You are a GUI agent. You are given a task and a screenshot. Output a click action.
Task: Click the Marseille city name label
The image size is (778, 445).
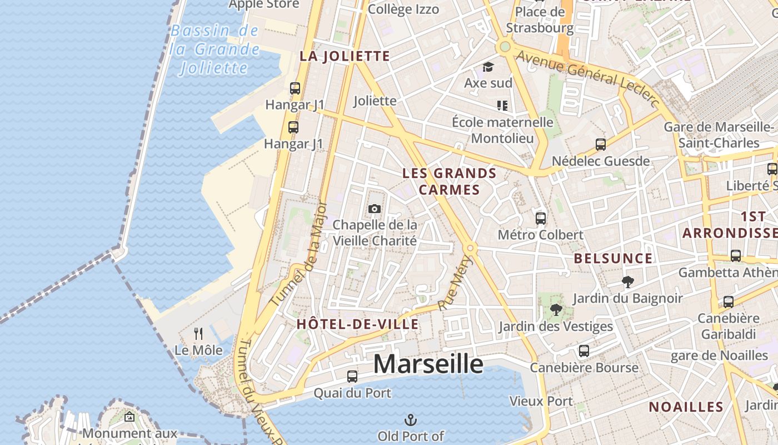click(x=428, y=364)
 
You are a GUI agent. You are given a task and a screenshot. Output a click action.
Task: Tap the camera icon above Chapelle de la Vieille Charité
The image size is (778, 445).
click(x=375, y=209)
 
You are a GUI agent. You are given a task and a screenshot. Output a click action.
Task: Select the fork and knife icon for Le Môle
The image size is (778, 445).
click(x=198, y=333)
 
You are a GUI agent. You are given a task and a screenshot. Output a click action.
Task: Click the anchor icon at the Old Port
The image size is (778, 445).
click(x=411, y=419)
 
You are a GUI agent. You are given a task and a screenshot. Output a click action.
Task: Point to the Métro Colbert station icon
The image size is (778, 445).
click(x=541, y=219)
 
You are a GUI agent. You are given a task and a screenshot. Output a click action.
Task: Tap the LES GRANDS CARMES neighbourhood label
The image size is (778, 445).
click(x=449, y=181)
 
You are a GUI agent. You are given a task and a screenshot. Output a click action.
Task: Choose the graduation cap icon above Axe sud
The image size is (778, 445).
click(x=488, y=67)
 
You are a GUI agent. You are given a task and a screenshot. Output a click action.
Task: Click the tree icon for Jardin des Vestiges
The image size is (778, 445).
click(x=555, y=310)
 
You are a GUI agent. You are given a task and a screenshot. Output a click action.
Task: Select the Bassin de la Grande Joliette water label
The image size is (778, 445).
click(x=215, y=49)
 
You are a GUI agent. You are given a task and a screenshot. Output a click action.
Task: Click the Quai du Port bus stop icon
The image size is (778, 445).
click(x=352, y=377)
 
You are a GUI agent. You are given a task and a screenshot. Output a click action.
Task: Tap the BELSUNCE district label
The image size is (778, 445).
click(x=613, y=258)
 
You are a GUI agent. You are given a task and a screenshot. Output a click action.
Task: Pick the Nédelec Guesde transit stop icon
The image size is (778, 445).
click(x=600, y=145)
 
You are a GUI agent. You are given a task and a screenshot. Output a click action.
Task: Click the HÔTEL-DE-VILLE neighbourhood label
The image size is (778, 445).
click(x=357, y=324)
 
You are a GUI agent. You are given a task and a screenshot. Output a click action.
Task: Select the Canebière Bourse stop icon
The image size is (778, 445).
click(x=583, y=351)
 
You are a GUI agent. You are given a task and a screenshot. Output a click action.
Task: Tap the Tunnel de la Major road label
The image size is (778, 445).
click(x=296, y=253)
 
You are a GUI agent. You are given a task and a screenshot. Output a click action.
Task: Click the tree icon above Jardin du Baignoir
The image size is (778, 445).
click(x=628, y=282)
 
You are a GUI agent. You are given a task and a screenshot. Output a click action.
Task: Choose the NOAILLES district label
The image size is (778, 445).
click(x=686, y=407)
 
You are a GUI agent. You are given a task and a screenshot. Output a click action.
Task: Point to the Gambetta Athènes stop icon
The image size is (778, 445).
click(x=736, y=256)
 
